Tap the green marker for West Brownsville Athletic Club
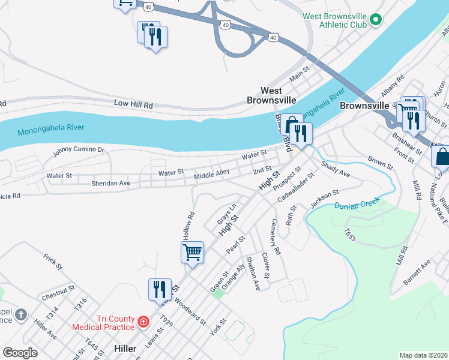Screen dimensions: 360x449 (376, 20)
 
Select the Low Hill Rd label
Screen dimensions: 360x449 (134, 103)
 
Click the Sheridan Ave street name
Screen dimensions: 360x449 (110, 183)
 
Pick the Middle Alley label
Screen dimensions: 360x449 (211, 174)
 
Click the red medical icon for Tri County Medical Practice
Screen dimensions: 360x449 (143, 322)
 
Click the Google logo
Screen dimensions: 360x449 (20, 353)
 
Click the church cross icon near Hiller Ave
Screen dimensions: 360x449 (20, 314)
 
